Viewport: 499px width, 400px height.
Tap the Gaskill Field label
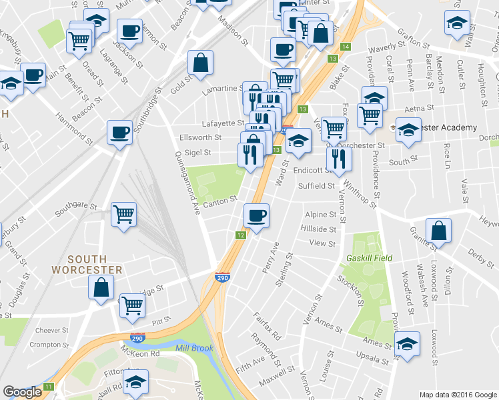(369, 258)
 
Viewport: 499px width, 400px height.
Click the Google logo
(23, 392)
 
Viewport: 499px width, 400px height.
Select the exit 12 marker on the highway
(241, 235)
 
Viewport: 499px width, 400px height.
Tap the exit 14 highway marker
(345, 46)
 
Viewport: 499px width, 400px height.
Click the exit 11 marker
(48, 387)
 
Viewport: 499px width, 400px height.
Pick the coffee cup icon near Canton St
(256, 215)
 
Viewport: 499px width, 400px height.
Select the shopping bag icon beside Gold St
(201, 63)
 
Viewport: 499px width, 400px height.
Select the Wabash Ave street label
(424, 290)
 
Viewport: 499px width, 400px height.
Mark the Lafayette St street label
(223, 123)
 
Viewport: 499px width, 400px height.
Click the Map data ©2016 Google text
(458, 395)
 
